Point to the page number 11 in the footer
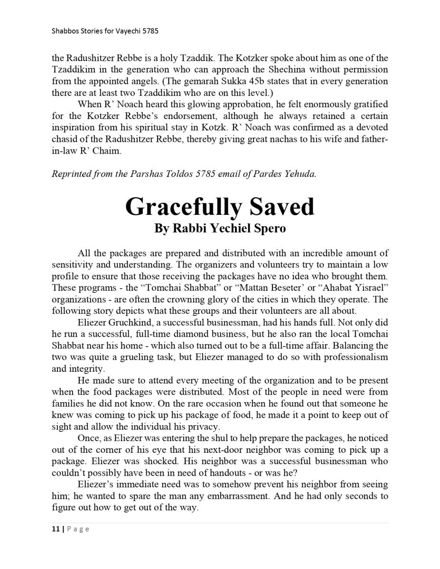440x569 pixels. pos(55,529)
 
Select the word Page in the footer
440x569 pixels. pos(77,529)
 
